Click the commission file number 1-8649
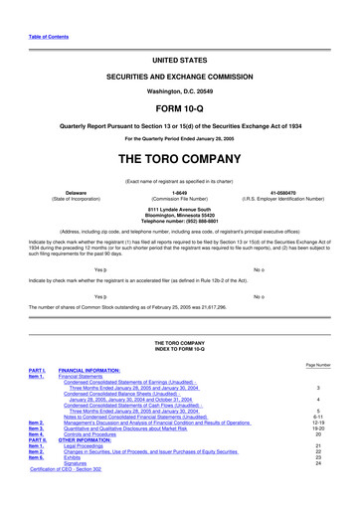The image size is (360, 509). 179,220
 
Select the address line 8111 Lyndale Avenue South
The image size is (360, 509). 180,235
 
